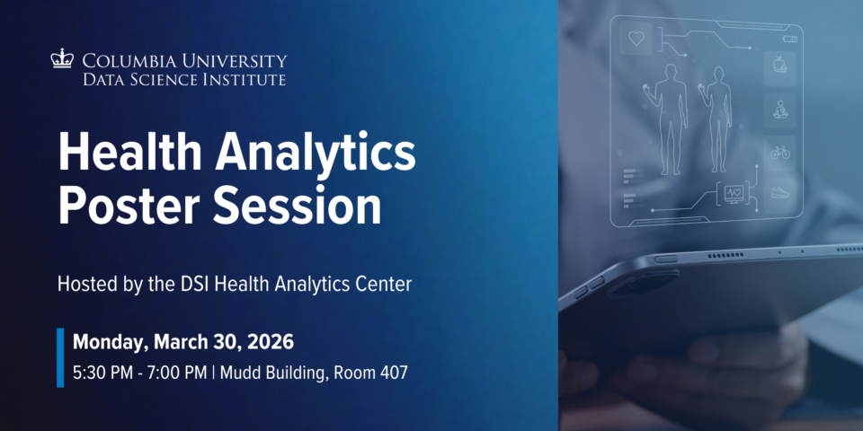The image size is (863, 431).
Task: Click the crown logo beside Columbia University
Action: pyautogui.click(x=62, y=60)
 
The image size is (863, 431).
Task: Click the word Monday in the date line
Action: pyautogui.click(x=110, y=342)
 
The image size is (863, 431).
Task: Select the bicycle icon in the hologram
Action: pyautogui.click(x=779, y=152)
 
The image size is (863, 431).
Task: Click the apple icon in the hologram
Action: pyautogui.click(x=779, y=65)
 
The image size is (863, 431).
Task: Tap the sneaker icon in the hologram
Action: pyautogui.click(x=779, y=191)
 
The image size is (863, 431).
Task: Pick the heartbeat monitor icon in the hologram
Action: pyautogui.click(x=734, y=193)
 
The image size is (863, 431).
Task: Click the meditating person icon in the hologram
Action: pyautogui.click(x=779, y=110)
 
